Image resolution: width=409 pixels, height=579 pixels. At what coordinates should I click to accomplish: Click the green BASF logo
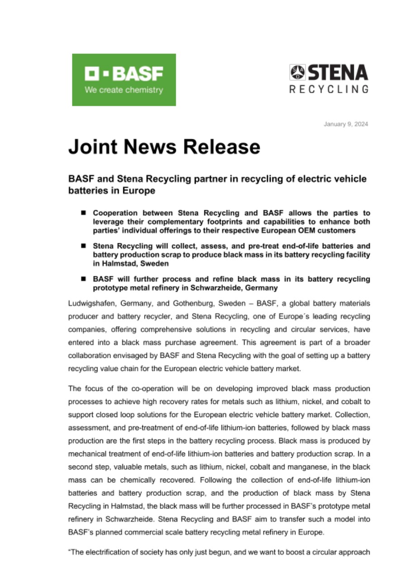coord(124,80)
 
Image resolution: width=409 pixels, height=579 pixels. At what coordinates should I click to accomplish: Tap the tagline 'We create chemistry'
coord(123,90)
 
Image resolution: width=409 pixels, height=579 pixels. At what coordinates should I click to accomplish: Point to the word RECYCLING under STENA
coord(329,89)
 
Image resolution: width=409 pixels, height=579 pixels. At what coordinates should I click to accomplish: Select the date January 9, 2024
coord(346,124)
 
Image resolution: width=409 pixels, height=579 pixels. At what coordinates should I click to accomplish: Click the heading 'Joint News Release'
coord(164,147)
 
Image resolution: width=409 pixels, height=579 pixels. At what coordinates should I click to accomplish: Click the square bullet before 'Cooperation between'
coord(84,212)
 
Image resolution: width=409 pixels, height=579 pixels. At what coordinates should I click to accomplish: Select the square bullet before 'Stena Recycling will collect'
coord(84,246)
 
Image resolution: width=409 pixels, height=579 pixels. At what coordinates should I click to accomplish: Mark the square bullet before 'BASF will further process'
coord(84,279)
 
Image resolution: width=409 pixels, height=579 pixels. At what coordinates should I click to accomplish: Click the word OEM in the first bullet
coord(314,231)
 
